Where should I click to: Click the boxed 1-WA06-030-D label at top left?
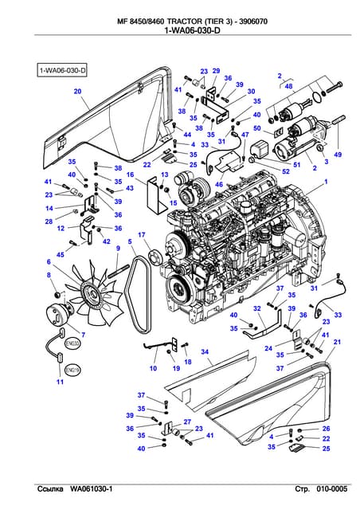(63, 71)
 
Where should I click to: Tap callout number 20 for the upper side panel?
(77, 92)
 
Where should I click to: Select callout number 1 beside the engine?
(324, 182)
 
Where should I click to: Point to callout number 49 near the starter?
(337, 153)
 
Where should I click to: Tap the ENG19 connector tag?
(71, 371)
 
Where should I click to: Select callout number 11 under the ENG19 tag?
(59, 383)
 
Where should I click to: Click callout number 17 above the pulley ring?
(141, 235)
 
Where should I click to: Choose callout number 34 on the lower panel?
(205, 351)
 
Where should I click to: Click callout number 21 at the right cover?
(337, 342)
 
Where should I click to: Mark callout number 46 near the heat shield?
(218, 184)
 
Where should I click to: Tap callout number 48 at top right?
(288, 85)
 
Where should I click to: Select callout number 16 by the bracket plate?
(129, 174)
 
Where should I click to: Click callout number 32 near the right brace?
(256, 308)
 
